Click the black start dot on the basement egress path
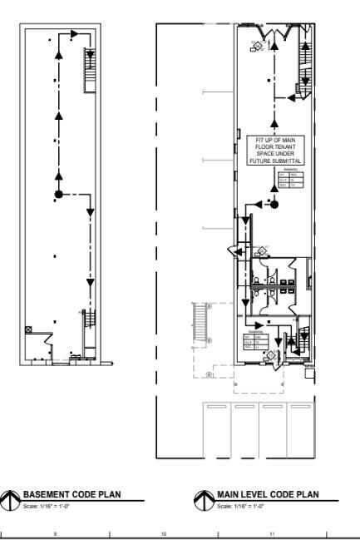pos(58,195)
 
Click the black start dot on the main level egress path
pos(274,203)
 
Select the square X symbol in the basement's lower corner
pos(30,329)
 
